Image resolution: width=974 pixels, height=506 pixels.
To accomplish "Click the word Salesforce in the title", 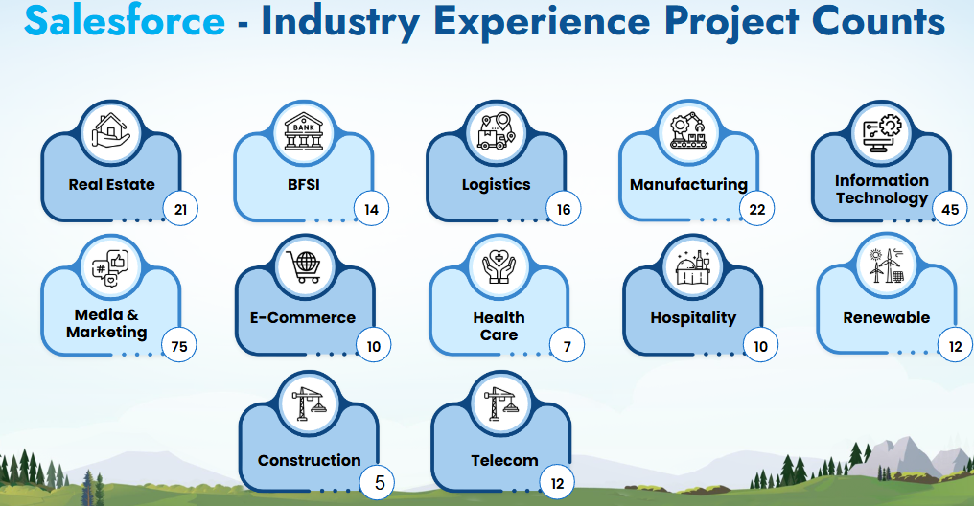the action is click(x=125, y=20).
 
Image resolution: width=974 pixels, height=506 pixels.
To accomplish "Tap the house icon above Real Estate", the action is click(x=111, y=130).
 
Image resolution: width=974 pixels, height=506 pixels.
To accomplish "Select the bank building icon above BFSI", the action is click(x=304, y=131).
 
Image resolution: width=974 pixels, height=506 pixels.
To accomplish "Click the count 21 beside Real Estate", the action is click(x=181, y=209).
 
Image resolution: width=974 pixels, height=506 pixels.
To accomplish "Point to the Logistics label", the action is click(x=496, y=184).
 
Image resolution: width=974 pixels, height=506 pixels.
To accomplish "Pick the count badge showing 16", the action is click(x=564, y=209).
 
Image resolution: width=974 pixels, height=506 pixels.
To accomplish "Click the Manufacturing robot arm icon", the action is click(x=688, y=130).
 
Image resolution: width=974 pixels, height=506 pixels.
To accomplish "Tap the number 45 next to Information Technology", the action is click(x=950, y=209).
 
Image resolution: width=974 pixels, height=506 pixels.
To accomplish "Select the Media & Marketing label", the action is click(x=106, y=324).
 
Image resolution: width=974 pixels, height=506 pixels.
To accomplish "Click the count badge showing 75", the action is click(x=179, y=346).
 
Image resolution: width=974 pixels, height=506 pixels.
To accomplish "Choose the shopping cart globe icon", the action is click(x=303, y=266).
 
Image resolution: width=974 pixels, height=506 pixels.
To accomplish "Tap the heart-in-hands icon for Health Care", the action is click(x=499, y=266).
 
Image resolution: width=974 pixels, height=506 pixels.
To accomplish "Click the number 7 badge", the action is click(x=568, y=346).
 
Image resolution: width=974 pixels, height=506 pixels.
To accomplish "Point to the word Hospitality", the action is click(x=693, y=318).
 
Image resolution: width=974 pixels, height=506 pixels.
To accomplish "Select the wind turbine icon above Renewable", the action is click(x=887, y=265).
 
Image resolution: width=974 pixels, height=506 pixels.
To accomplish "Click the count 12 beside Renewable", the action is click(x=956, y=346).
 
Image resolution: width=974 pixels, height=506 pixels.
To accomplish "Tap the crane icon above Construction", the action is click(x=309, y=402).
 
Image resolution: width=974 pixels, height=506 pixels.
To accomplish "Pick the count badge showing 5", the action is click(x=379, y=482).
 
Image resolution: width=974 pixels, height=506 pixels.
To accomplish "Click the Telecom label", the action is click(x=504, y=460).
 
